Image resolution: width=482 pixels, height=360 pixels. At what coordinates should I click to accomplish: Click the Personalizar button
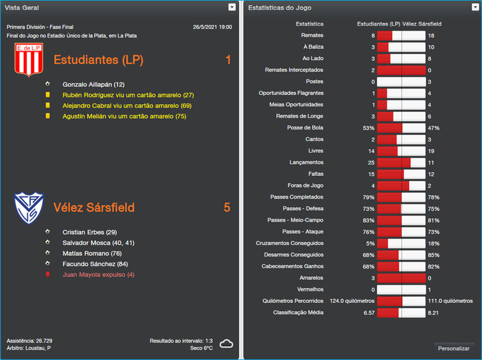coord(454,348)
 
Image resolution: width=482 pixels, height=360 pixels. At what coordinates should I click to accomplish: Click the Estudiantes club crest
coord(27,60)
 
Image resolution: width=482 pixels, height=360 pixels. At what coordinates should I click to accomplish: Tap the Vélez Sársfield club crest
coord(29,207)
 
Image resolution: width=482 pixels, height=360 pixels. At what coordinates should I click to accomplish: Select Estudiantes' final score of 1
coord(228,60)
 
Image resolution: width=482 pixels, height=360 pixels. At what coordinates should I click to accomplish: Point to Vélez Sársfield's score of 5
coord(227,208)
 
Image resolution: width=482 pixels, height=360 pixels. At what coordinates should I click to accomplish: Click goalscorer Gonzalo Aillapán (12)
coord(93,84)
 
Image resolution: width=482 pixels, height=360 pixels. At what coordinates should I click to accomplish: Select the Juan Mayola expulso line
coord(98,275)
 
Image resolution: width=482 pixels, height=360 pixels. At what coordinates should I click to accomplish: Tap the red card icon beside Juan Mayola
coord(48,275)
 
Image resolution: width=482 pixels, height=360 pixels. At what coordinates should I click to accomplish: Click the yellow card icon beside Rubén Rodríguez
coord(48,95)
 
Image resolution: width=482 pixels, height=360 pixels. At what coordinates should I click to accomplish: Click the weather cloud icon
coord(227,344)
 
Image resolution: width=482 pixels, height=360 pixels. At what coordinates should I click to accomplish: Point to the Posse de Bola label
coord(305,128)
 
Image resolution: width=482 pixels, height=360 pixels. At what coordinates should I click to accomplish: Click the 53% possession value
coord(369,128)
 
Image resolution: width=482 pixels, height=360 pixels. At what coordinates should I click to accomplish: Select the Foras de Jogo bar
coord(401,186)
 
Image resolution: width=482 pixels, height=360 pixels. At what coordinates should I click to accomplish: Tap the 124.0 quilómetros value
coord(352,301)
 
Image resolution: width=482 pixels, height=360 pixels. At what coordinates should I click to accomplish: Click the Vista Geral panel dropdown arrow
coord(232,7)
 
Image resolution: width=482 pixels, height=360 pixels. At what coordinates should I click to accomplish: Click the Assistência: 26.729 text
coord(30,341)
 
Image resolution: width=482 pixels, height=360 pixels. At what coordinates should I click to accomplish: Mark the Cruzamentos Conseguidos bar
coord(401,244)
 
